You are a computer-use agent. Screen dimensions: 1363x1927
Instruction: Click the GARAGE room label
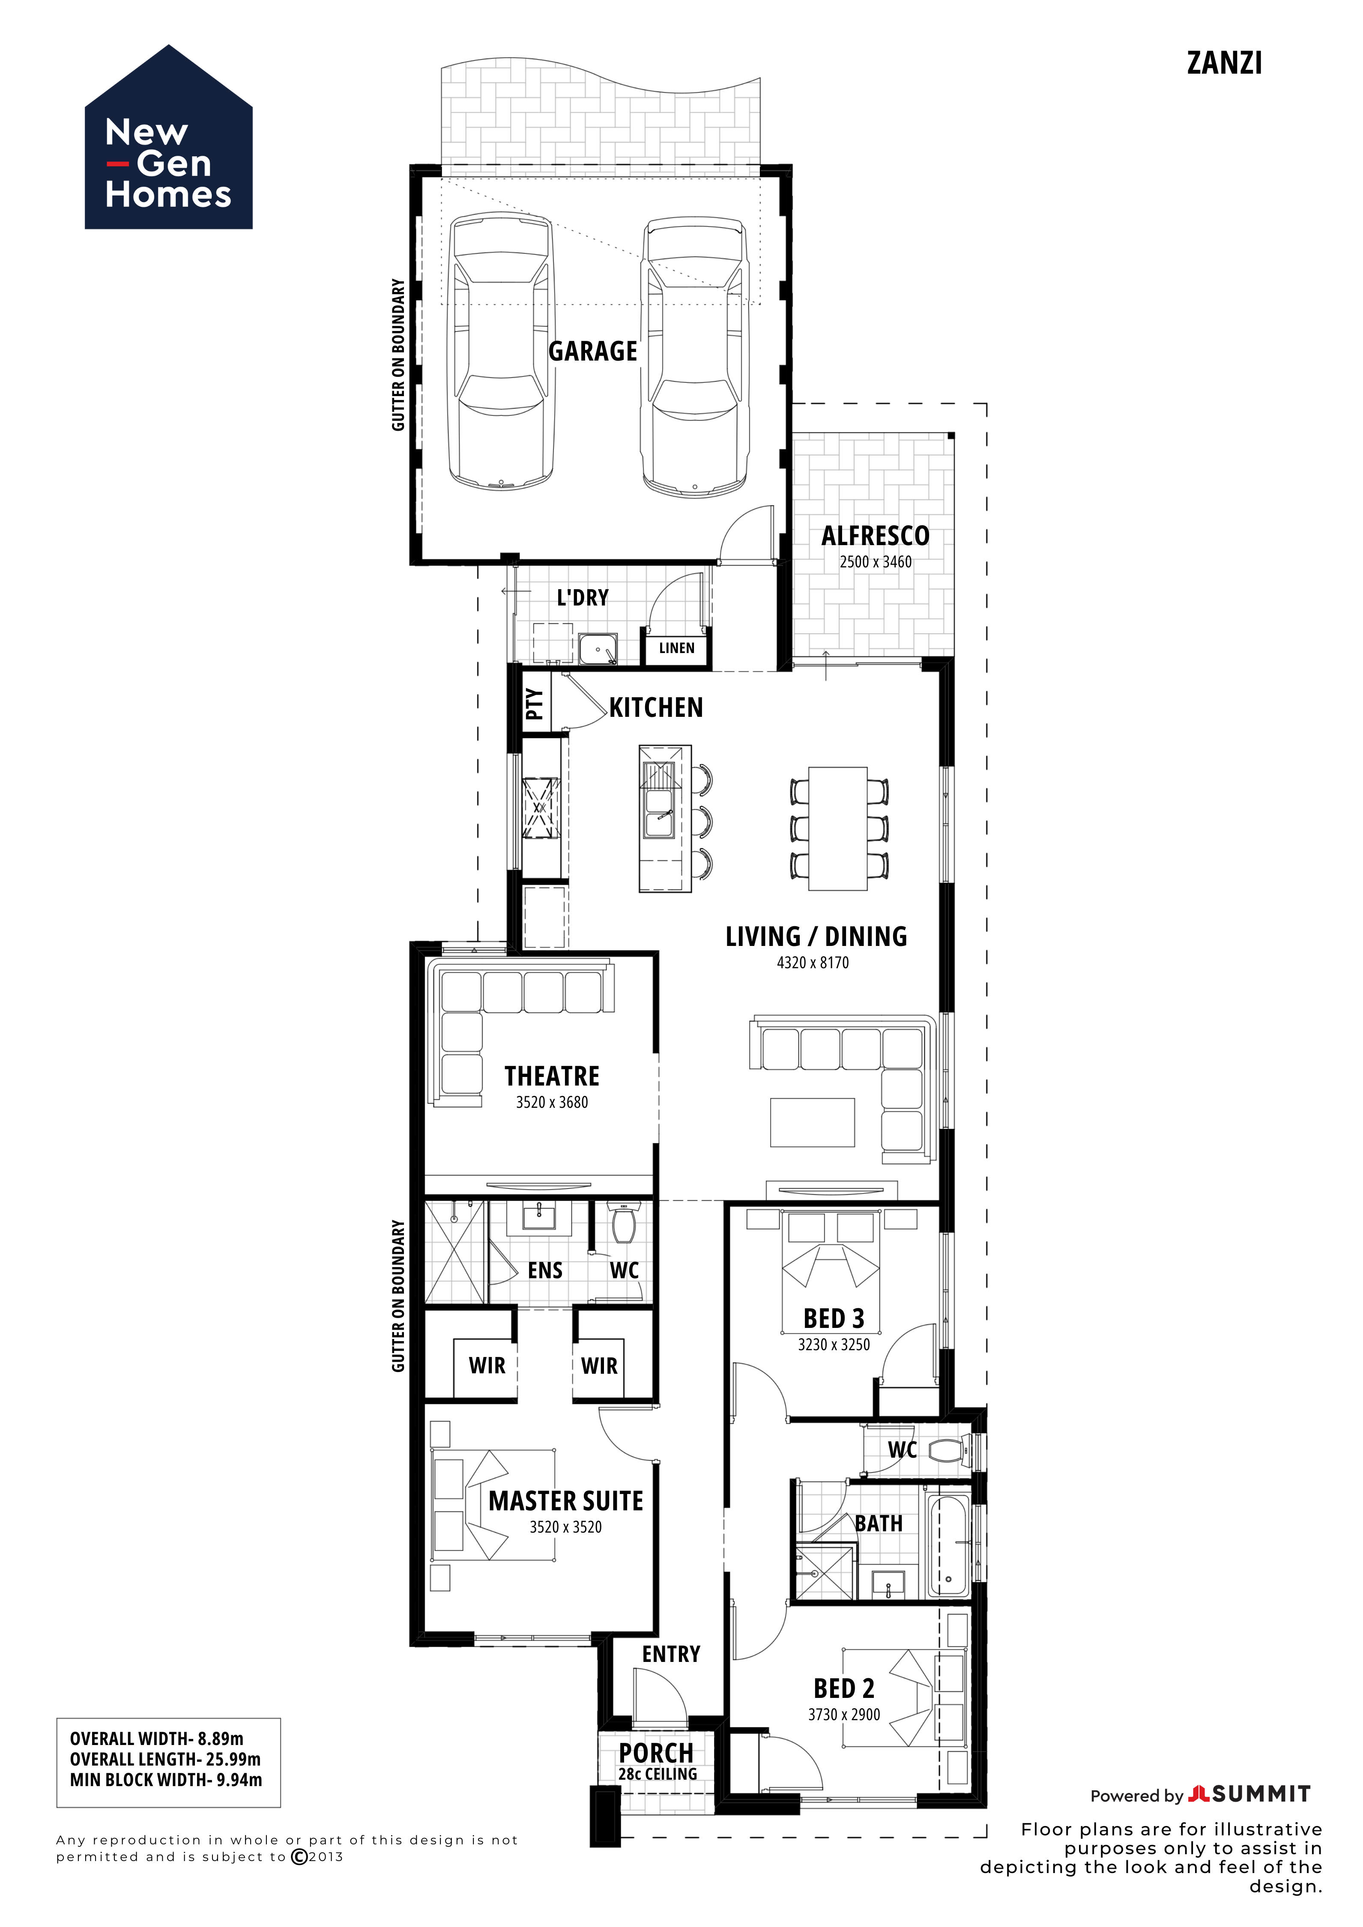(x=592, y=351)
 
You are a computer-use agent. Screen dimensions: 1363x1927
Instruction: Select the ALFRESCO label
(x=876, y=535)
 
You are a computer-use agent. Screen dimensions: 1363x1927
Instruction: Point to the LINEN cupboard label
(x=676, y=648)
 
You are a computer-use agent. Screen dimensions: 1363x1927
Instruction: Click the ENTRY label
(x=671, y=1653)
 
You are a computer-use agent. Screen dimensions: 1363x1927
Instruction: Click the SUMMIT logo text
(x=1261, y=1794)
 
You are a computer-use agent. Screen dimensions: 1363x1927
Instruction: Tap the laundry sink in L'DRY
(x=598, y=649)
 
